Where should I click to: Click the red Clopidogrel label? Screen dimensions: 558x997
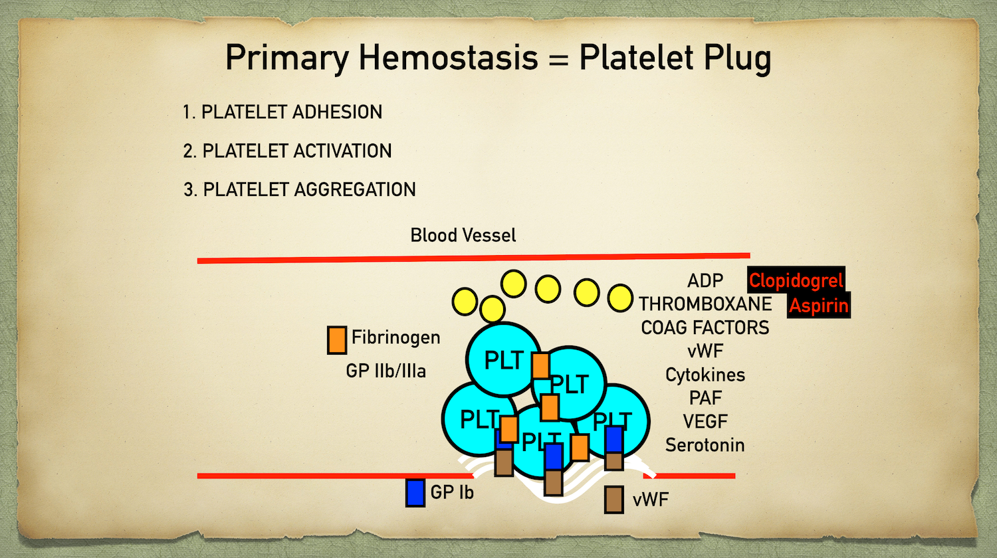click(x=796, y=280)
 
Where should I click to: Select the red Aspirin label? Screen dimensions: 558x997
click(x=818, y=306)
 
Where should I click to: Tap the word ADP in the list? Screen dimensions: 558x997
click(x=705, y=280)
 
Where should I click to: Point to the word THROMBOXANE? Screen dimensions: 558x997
click(x=705, y=304)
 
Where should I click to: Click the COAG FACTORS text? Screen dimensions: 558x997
click(x=705, y=327)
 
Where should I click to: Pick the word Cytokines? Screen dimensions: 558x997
click(x=705, y=375)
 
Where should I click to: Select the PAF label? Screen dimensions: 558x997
click(x=705, y=398)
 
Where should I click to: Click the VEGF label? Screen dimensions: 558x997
click(x=705, y=421)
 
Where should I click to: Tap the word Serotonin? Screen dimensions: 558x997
click(x=705, y=445)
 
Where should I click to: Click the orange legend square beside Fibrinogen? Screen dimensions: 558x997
click(x=337, y=339)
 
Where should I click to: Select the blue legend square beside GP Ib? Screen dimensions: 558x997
click(x=415, y=492)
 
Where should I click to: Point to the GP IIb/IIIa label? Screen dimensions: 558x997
click(x=386, y=371)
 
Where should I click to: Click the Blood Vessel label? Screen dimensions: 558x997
click(x=463, y=235)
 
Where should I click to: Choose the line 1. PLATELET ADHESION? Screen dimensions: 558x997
click(x=282, y=112)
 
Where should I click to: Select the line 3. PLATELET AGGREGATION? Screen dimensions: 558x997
click(x=299, y=189)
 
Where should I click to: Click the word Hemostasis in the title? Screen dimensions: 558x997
click(x=449, y=58)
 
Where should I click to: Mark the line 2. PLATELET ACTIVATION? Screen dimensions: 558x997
click(x=287, y=151)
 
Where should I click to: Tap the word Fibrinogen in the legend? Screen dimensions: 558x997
click(x=395, y=337)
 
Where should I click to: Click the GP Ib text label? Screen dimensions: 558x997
click(x=452, y=492)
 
